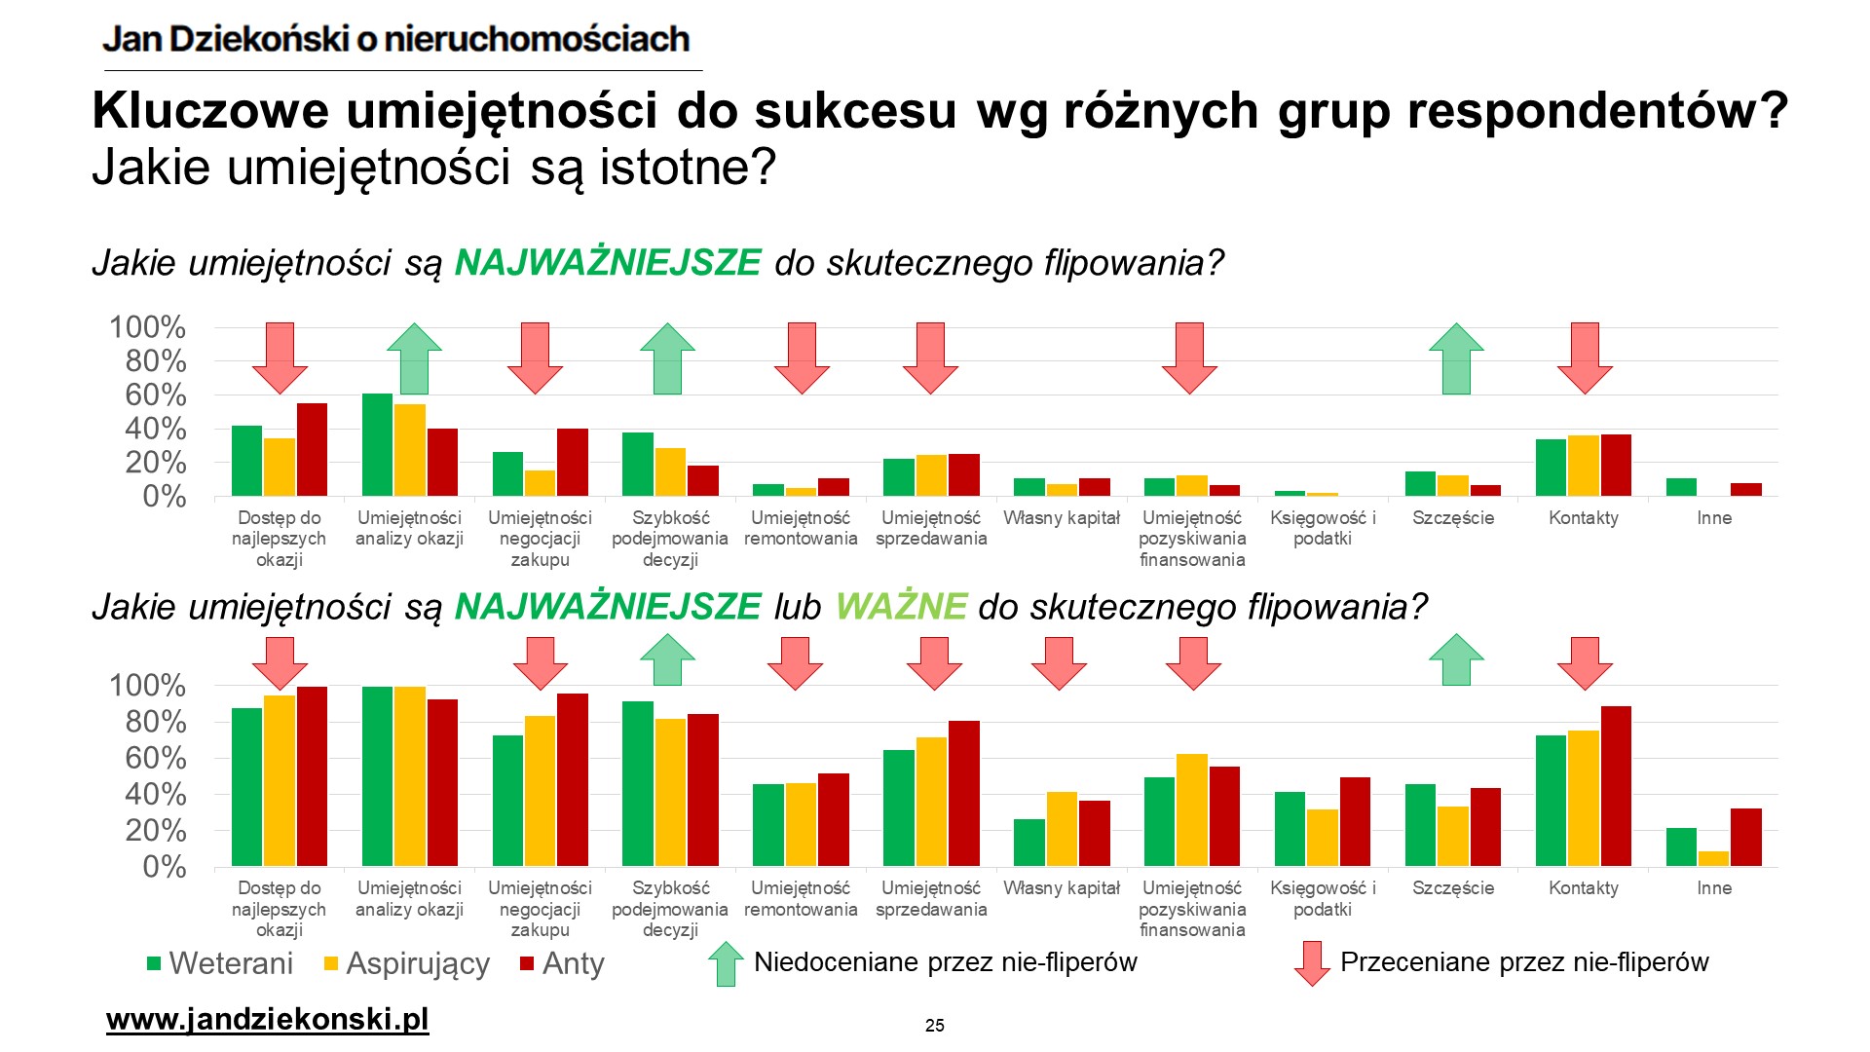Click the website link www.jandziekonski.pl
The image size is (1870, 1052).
267,1020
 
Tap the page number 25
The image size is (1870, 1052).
934,1025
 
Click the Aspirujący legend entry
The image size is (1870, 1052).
407,963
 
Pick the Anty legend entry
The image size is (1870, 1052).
562,963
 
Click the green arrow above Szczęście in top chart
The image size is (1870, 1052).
1456,358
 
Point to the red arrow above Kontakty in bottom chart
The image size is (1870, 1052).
1585,662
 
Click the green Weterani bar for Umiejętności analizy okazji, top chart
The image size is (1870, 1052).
377,445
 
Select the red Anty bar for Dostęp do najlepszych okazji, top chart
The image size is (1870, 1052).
312,450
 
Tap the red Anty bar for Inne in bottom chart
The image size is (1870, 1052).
1746,838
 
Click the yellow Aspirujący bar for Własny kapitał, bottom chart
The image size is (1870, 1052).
1062,829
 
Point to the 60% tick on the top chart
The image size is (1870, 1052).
155,395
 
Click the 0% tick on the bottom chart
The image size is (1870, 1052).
164,867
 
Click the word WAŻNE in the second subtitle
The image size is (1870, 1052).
901,607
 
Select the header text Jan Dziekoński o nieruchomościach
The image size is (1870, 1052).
396,39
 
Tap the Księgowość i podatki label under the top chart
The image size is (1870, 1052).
1323,528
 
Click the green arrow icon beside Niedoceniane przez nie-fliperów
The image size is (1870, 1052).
726,963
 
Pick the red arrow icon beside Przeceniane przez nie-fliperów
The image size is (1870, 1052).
1311,963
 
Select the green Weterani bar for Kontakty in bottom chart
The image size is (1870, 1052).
1551,801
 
